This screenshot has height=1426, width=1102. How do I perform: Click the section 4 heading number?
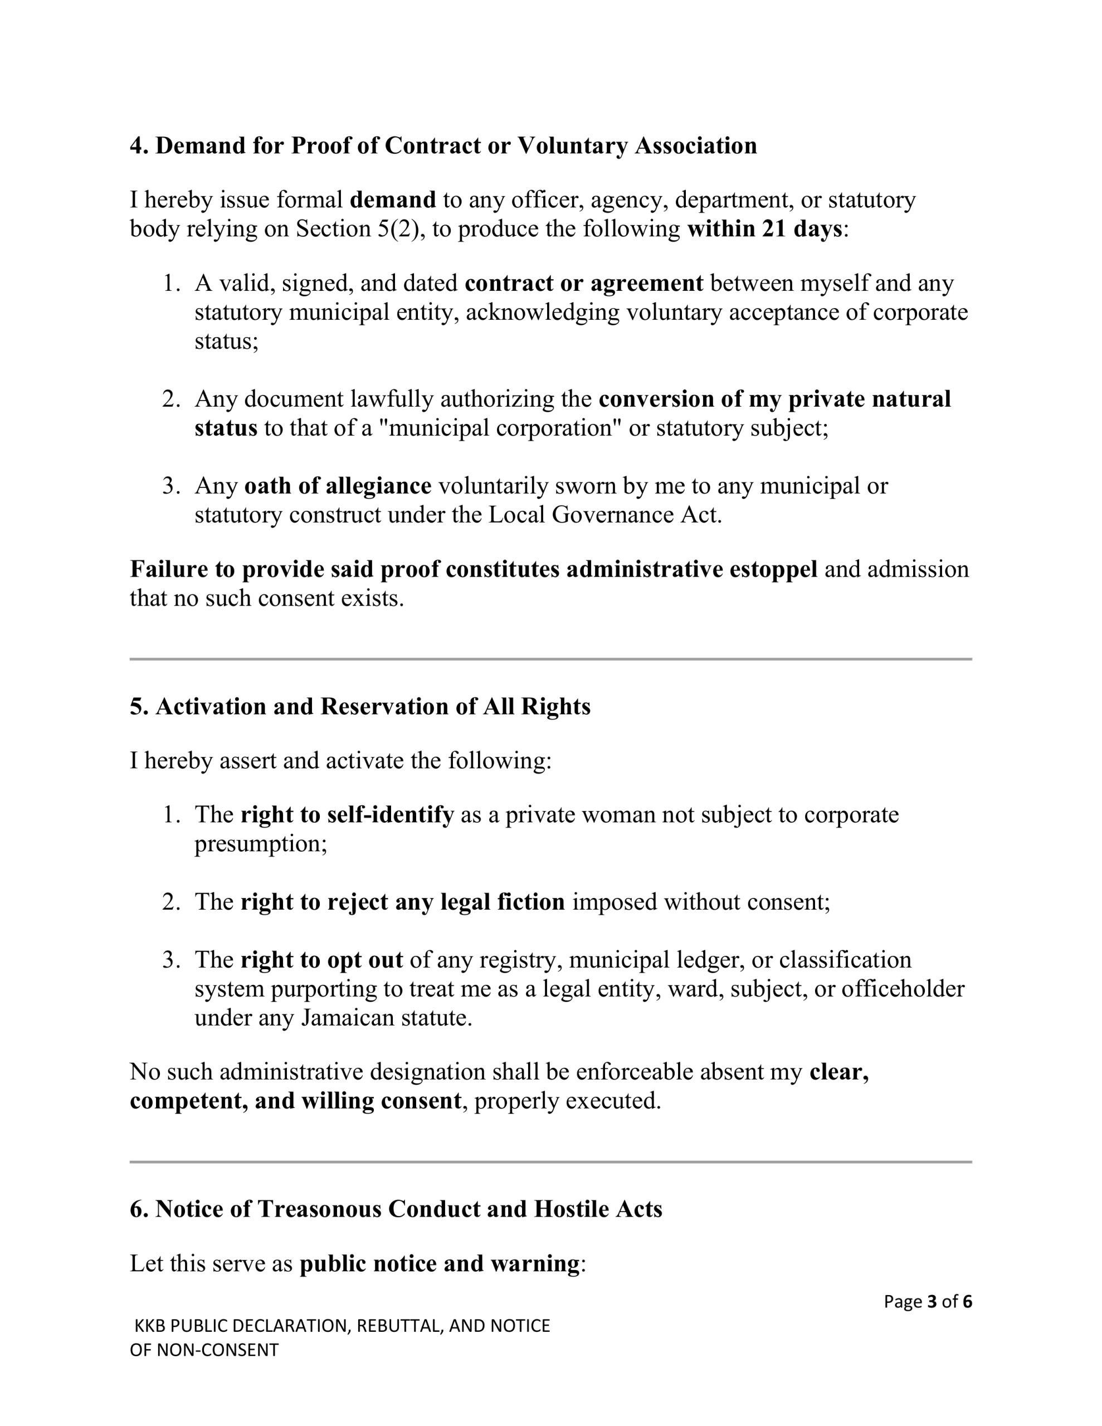[x=139, y=145]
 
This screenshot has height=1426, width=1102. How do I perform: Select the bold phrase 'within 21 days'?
[x=764, y=229]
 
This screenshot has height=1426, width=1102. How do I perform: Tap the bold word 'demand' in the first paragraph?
[x=393, y=200]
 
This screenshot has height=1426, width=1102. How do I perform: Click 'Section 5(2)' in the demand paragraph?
[x=357, y=229]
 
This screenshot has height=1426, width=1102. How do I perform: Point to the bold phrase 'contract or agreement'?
[x=583, y=284]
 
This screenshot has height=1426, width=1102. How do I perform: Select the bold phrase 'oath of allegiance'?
[x=337, y=486]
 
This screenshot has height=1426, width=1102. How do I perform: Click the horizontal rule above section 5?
[x=550, y=659]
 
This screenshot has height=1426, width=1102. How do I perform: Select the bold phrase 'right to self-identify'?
[x=347, y=815]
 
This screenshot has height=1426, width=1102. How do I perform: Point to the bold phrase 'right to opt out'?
[x=321, y=960]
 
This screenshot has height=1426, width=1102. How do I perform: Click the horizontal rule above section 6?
[x=550, y=1161]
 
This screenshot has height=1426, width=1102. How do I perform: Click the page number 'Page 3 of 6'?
[x=927, y=1301]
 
